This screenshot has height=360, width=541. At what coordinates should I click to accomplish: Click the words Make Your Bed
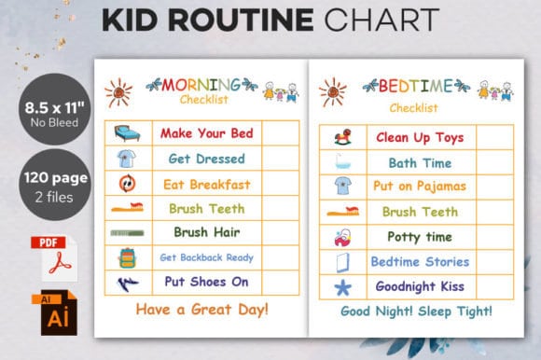coord(206,133)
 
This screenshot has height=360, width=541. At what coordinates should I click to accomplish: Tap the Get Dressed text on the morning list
coord(206,159)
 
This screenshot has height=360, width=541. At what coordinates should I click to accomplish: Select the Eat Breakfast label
coord(206,184)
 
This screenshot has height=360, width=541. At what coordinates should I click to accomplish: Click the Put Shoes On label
coord(206,282)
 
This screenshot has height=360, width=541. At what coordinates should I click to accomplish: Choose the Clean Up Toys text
coord(420,137)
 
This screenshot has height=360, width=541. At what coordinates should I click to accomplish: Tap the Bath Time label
coord(420,162)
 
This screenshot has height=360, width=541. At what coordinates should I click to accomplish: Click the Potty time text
coord(420,236)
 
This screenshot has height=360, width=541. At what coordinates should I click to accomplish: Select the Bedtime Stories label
coord(420,261)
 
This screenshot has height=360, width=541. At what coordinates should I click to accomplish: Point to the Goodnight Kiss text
coord(420,286)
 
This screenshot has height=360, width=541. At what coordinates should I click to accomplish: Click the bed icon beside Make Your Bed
coord(128,133)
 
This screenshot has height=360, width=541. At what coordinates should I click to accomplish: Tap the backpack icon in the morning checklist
coord(128,257)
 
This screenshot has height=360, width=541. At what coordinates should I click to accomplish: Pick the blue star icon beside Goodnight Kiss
coord(341,286)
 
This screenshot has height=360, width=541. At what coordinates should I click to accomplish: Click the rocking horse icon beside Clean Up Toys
coord(341,137)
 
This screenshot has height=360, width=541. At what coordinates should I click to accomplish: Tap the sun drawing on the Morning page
coord(118,91)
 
